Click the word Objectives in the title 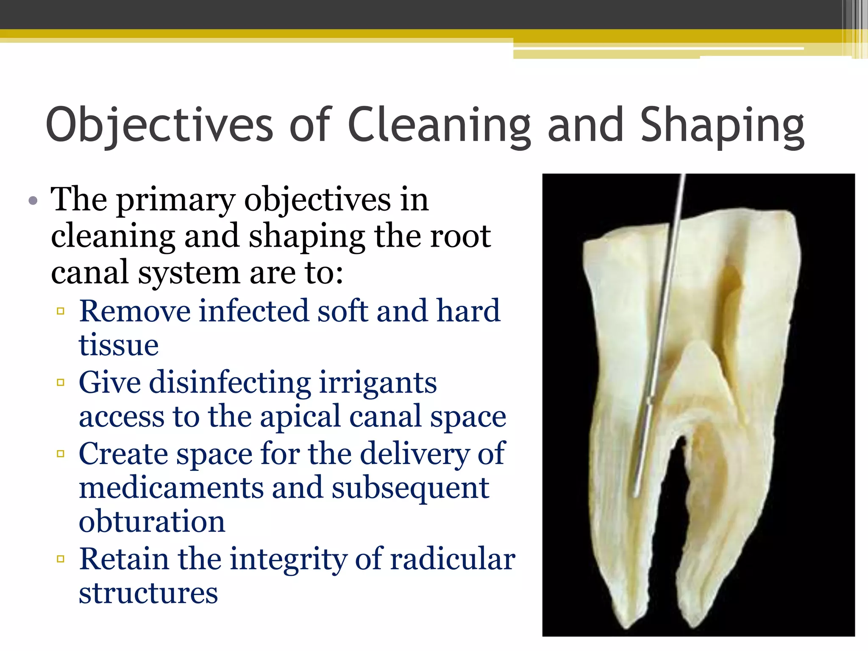click(x=159, y=125)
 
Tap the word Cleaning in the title click(x=439, y=125)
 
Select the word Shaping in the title click(x=722, y=125)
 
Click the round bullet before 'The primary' click(x=33, y=200)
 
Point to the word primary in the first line click(x=175, y=200)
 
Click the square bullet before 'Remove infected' click(x=61, y=312)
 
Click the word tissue click(x=119, y=345)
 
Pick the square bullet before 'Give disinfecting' click(x=61, y=383)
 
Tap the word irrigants click(x=377, y=383)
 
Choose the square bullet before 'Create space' click(x=61, y=454)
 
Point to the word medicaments click(x=171, y=488)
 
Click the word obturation click(x=152, y=522)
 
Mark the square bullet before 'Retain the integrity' click(x=61, y=559)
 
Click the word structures click(x=148, y=593)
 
